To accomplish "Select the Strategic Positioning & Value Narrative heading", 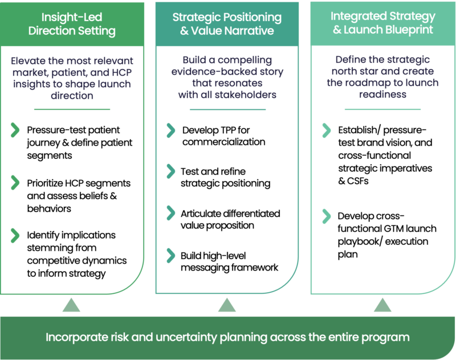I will coord(227,23).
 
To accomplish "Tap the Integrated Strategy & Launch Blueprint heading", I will coord(382,23).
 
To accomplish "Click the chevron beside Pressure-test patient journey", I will coord(15,130).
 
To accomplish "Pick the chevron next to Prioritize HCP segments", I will coord(15,183).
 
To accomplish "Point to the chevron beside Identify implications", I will coord(15,235).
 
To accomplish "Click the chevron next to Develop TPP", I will coord(170,130).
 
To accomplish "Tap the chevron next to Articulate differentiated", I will coord(170,213).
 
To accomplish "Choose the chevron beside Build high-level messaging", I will coord(170,255).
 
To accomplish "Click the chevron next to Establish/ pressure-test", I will coord(326,130).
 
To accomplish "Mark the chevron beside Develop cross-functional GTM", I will coord(326,216).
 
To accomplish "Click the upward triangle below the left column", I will coord(71,306).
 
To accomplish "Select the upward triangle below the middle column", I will coord(227,306).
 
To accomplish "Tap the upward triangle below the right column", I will coord(382,306).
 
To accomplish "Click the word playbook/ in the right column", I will coord(358,242).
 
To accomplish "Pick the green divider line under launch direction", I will coord(71,109).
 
